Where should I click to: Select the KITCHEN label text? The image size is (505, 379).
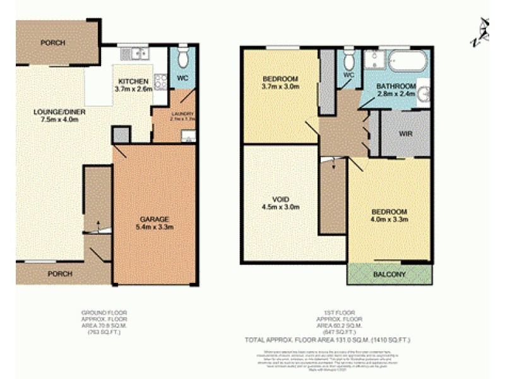(x=133, y=81)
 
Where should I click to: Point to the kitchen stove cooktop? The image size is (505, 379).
(x=160, y=81)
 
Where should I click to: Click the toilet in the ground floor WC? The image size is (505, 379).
(x=182, y=58)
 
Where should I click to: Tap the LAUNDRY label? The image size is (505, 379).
(x=182, y=114)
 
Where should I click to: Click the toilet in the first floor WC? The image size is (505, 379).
(x=348, y=59)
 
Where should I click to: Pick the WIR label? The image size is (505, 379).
(x=406, y=134)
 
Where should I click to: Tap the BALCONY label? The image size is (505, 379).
(x=389, y=275)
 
